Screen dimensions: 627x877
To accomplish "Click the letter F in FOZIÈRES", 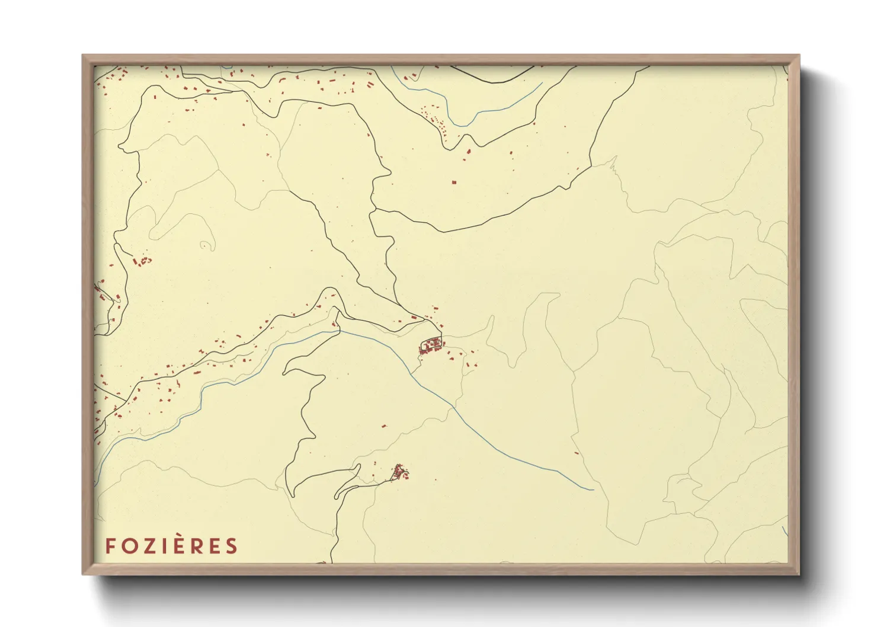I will tap(110, 546).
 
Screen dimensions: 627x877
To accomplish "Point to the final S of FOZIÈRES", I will tap(231, 546).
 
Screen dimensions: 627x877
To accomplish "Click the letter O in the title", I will tap(129, 546).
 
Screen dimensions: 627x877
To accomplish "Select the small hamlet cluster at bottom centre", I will tap(399, 472).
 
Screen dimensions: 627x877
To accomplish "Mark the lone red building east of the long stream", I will tap(577, 453).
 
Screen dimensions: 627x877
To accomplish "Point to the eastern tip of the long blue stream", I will tap(592, 490).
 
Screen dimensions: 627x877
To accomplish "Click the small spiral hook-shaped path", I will tap(207, 245).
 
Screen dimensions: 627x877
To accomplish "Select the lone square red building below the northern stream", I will tap(454, 183).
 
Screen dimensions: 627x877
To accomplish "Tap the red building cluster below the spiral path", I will tap(143, 261).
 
